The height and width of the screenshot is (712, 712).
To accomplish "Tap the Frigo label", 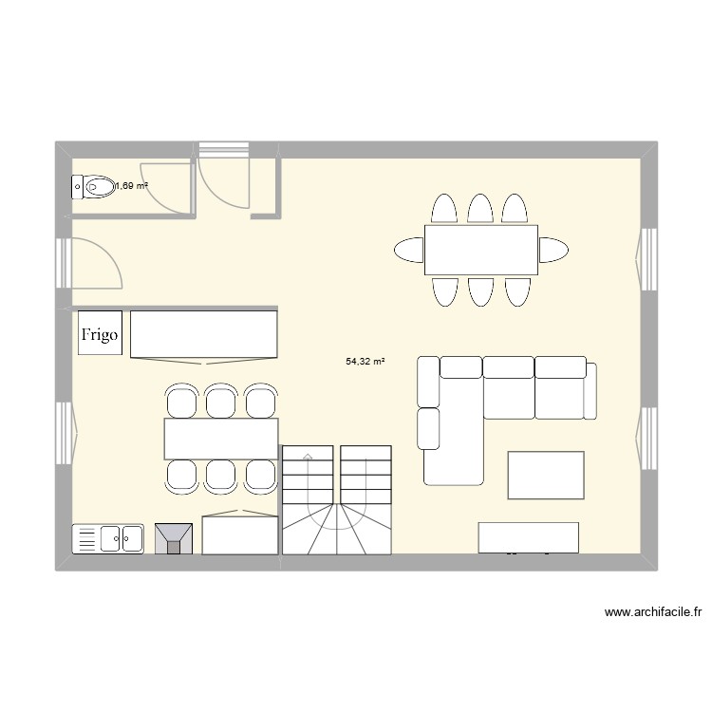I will tap(101, 334).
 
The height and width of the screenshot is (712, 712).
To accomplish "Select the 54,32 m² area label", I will tap(365, 361).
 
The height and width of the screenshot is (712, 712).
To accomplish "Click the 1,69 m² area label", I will tap(132, 186).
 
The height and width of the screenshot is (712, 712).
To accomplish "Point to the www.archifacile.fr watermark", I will tap(651, 613).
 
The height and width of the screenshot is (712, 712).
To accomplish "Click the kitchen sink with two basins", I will tap(108, 538).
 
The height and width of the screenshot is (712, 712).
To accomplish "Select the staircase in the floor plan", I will tap(336, 499).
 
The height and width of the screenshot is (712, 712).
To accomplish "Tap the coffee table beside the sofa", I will tap(546, 475).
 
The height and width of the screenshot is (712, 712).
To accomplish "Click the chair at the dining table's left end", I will tap(409, 250).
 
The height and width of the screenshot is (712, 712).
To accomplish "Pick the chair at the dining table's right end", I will tap(553, 250).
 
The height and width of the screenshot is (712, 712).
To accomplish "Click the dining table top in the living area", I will tap(481, 250).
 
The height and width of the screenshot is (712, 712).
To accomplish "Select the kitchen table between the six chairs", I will tap(220, 439).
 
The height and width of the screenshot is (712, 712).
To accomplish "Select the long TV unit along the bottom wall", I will tap(529, 536).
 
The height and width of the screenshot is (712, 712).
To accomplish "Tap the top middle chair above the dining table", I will tap(480, 209).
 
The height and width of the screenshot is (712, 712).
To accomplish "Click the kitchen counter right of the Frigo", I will tap(203, 333).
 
